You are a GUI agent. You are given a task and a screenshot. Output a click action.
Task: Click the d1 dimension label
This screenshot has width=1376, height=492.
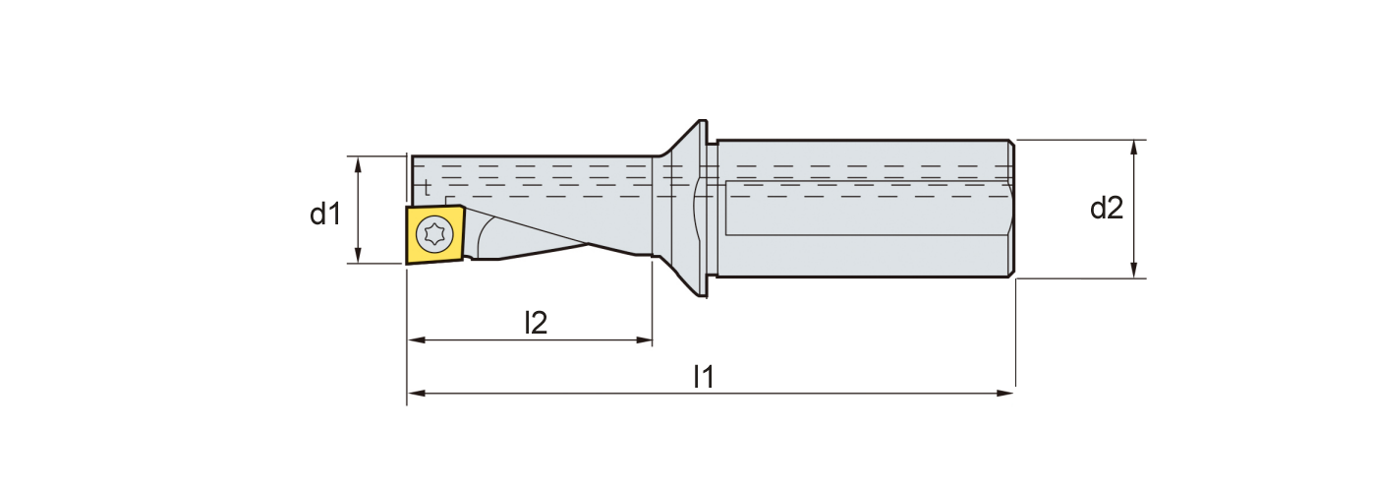coord(325,214)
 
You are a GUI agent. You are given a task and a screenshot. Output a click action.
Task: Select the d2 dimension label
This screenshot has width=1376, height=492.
coord(1107,209)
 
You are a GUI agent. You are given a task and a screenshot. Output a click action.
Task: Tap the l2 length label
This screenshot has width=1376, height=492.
coord(535,322)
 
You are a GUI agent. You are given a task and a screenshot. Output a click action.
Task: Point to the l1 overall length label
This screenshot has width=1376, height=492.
coord(703,376)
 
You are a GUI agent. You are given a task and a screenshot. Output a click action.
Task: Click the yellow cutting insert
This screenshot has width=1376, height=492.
coord(433,234)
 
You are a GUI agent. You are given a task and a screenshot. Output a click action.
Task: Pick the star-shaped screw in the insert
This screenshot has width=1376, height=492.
coord(431,234)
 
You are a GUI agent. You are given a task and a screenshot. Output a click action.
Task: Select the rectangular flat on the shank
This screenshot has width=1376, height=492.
coord(865,209)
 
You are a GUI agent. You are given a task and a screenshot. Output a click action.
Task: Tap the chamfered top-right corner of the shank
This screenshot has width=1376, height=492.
coord(1010,144)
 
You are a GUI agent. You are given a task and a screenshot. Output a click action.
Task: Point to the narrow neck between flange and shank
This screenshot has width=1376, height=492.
coord(713,209)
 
